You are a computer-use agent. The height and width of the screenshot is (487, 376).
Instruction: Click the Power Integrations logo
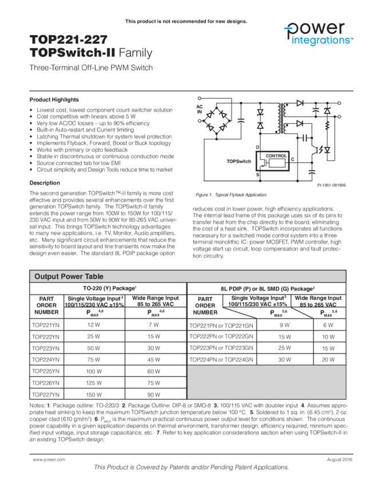318,34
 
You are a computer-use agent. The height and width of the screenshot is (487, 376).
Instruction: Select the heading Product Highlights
54,100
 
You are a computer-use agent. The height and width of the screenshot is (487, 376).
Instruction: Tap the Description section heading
45,183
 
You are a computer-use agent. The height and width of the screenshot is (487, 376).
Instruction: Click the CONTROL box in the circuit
276,156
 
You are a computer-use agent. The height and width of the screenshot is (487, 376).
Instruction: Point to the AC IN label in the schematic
200,109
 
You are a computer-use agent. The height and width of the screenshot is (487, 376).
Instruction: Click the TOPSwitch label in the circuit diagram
239,162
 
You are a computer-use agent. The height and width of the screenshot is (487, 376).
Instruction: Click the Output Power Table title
69,276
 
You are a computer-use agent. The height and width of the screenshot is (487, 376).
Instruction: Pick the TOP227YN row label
46,395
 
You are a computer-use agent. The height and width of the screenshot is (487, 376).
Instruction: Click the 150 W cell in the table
93,395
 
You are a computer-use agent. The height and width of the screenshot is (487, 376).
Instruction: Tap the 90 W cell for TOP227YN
153,395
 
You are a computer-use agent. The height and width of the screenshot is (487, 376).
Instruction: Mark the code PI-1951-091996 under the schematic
331,185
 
